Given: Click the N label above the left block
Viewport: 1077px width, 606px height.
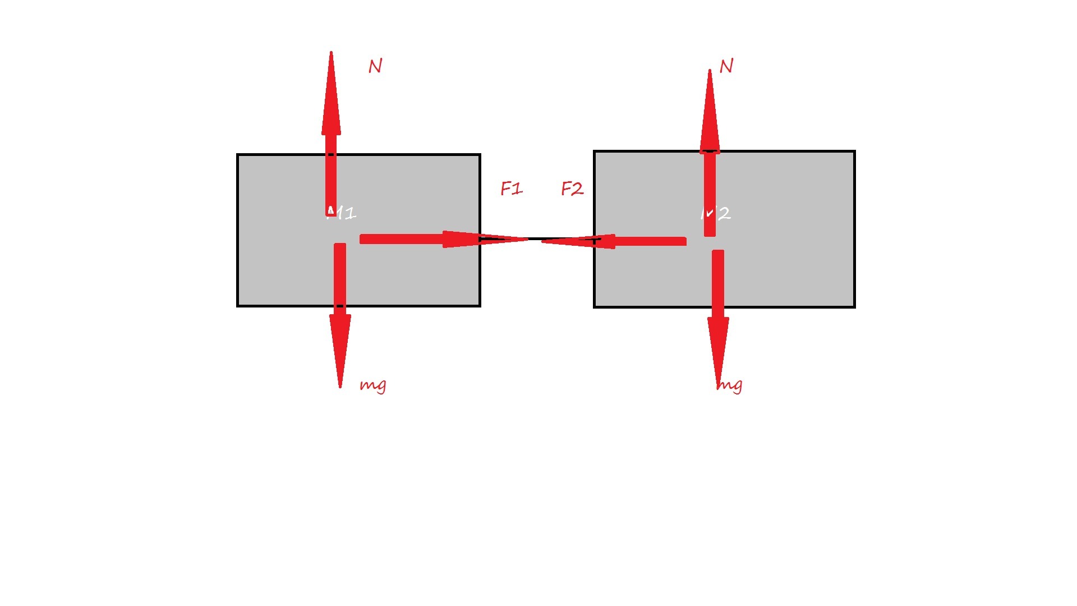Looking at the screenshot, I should [375, 66].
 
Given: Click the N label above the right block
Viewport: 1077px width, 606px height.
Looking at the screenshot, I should [726, 66].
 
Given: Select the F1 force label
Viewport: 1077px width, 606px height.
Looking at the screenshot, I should [512, 189].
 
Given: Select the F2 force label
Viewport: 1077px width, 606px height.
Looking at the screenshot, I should [572, 189].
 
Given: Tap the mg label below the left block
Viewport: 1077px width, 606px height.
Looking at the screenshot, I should [373, 385].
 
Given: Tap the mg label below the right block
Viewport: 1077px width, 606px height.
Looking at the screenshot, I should [730, 385].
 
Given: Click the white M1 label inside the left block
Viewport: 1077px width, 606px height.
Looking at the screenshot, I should [342, 213].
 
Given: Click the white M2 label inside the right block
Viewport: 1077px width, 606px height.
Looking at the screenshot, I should [716, 213].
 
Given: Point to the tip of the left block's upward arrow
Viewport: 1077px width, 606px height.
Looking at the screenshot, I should [331, 53].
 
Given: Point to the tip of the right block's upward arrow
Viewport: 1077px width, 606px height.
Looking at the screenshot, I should [710, 71].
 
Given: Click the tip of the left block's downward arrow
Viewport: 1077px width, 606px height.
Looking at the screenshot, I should [340, 386].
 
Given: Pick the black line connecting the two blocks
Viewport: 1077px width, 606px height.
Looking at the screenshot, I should [535, 239].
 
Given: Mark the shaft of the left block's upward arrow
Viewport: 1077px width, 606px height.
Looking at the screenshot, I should [331, 174].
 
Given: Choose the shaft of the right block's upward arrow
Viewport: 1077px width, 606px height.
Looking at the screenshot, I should [710, 191].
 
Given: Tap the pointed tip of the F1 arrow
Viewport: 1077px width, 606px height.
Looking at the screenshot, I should [527, 239].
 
